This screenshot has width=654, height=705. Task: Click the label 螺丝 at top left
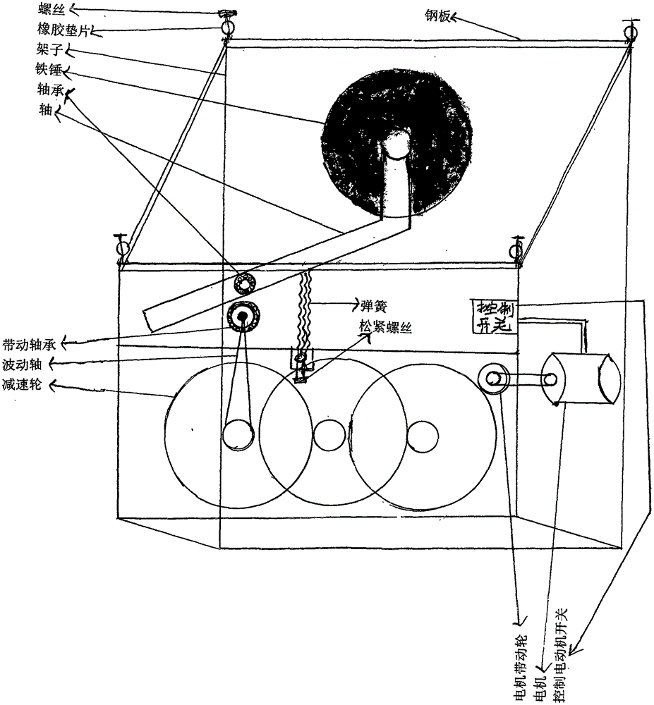pos(51,8)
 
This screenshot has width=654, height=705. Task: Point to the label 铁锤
pos(49,69)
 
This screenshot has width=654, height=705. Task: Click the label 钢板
pos(437,17)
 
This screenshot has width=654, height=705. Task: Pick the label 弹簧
pos(374,306)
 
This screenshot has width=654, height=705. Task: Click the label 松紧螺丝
pos(385,327)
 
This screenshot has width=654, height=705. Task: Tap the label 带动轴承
pos(29,344)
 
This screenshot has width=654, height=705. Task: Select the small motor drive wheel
pos(492,378)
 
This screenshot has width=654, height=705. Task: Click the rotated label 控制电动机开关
pos(561,655)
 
